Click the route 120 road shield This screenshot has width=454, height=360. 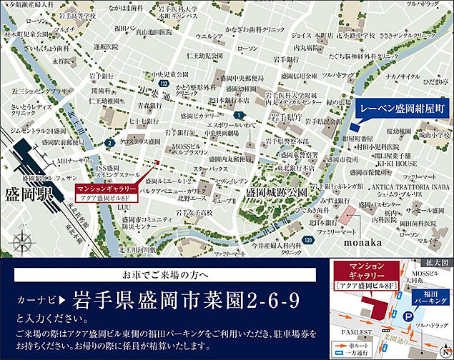(x=306, y=241)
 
